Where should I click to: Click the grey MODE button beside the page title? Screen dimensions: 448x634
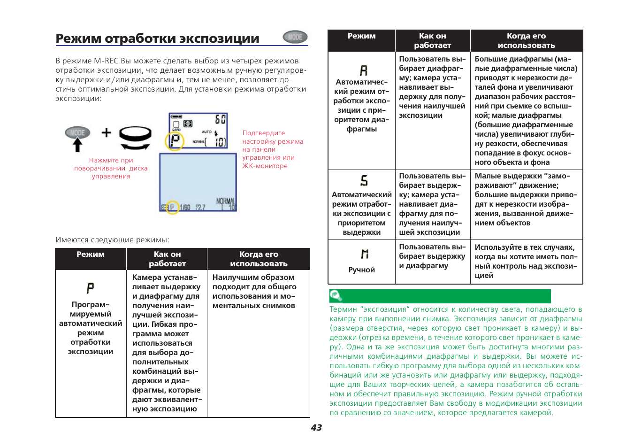295,37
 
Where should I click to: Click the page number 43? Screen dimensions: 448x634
316,427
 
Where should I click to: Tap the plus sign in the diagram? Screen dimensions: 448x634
107,132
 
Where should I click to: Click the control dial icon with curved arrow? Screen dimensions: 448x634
135,138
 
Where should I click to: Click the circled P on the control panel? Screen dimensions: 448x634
175,140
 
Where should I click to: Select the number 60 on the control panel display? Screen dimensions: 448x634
220,119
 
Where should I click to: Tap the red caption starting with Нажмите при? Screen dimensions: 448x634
111,168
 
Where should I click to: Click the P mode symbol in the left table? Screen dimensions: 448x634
90,288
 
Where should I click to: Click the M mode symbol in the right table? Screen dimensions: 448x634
365,254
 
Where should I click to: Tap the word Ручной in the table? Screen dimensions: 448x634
362,270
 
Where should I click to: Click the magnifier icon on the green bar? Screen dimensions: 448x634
336,296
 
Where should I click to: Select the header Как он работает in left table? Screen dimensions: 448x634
167,259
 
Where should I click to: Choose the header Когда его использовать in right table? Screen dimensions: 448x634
526,40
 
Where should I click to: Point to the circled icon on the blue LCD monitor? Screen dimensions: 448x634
172,207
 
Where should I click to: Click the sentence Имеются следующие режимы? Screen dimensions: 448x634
113,239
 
